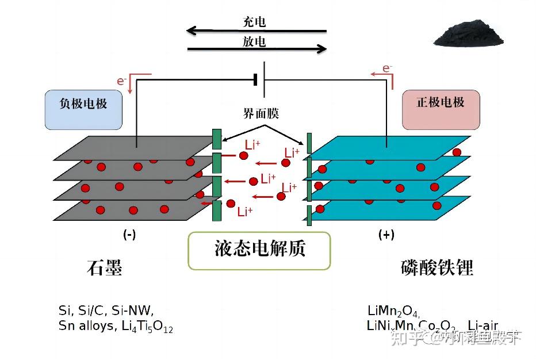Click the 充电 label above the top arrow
point(254,22)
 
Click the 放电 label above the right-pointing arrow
point(254,41)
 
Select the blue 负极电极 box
point(83,109)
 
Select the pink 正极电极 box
point(441,109)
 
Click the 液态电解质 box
point(259,250)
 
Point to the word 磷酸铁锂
point(437,268)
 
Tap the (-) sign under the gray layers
point(129,235)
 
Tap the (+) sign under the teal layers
point(386,235)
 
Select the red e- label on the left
point(122,81)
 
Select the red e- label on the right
point(388,69)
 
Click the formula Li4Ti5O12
point(147,327)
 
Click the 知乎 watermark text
point(405,338)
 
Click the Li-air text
point(483,326)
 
